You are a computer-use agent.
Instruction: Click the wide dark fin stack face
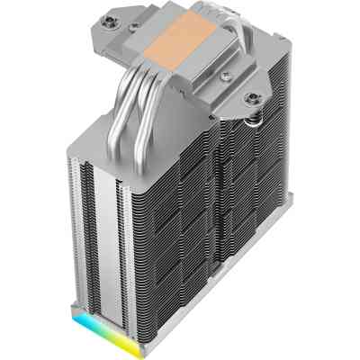(x=207, y=216)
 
